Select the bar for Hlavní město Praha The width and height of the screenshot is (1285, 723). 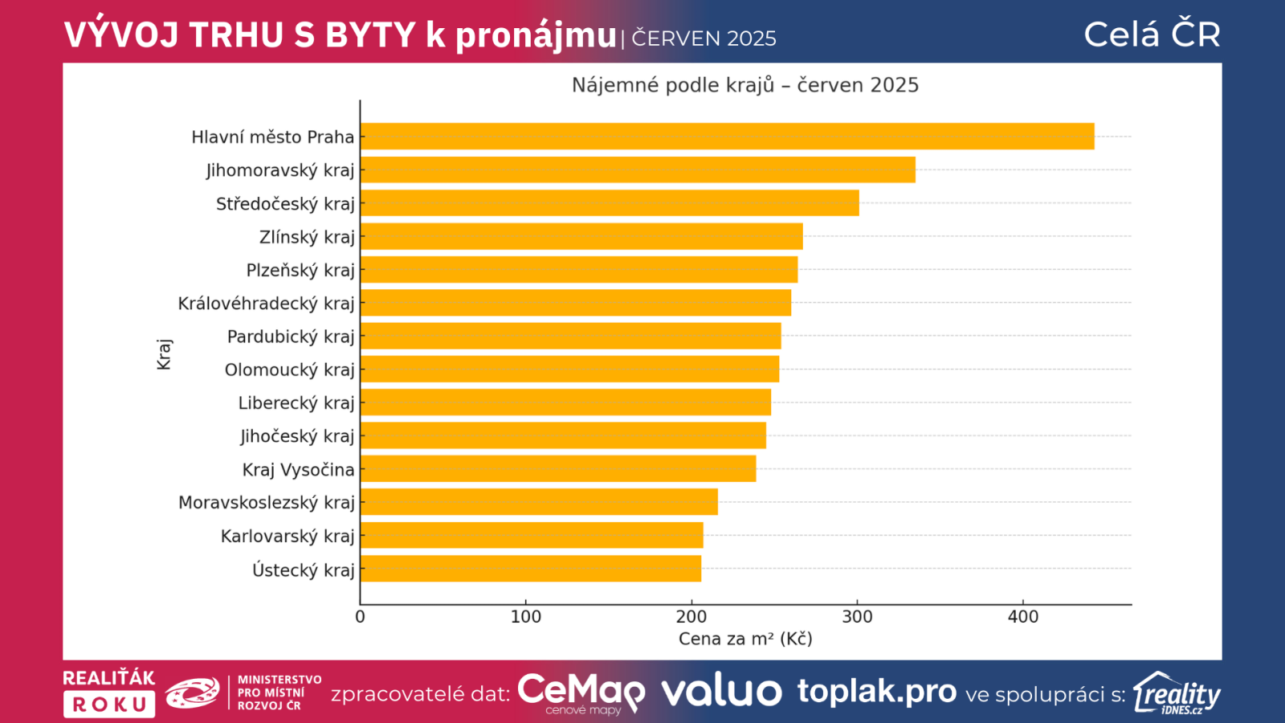tap(727, 137)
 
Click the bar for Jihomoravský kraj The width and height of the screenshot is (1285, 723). tap(638, 170)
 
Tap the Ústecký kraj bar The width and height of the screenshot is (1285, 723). tap(531, 569)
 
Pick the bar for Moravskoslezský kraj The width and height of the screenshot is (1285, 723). tap(539, 502)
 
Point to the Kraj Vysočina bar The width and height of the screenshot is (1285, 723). tap(558, 469)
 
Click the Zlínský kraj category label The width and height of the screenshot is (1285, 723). tap(307, 237)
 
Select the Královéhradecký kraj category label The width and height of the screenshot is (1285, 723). tap(266, 304)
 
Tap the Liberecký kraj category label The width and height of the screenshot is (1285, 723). tap(296, 403)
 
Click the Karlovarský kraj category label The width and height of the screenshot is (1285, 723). tap(288, 536)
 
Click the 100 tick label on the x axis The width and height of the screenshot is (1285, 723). tap(526, 617)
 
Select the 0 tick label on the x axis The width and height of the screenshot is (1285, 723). tap(360, 617)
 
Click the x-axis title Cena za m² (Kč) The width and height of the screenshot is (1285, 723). tap(745, 639)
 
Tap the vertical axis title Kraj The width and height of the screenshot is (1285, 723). tap(164, 354)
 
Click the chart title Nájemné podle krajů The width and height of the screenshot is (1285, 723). tap(744, 85)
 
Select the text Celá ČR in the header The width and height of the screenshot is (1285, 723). tap(1152, 35)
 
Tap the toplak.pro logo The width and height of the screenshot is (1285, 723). tap(876, 691)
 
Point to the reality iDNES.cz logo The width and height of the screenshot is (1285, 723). tap(1177, 693)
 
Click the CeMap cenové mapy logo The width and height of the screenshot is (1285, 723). tap(581, 692)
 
